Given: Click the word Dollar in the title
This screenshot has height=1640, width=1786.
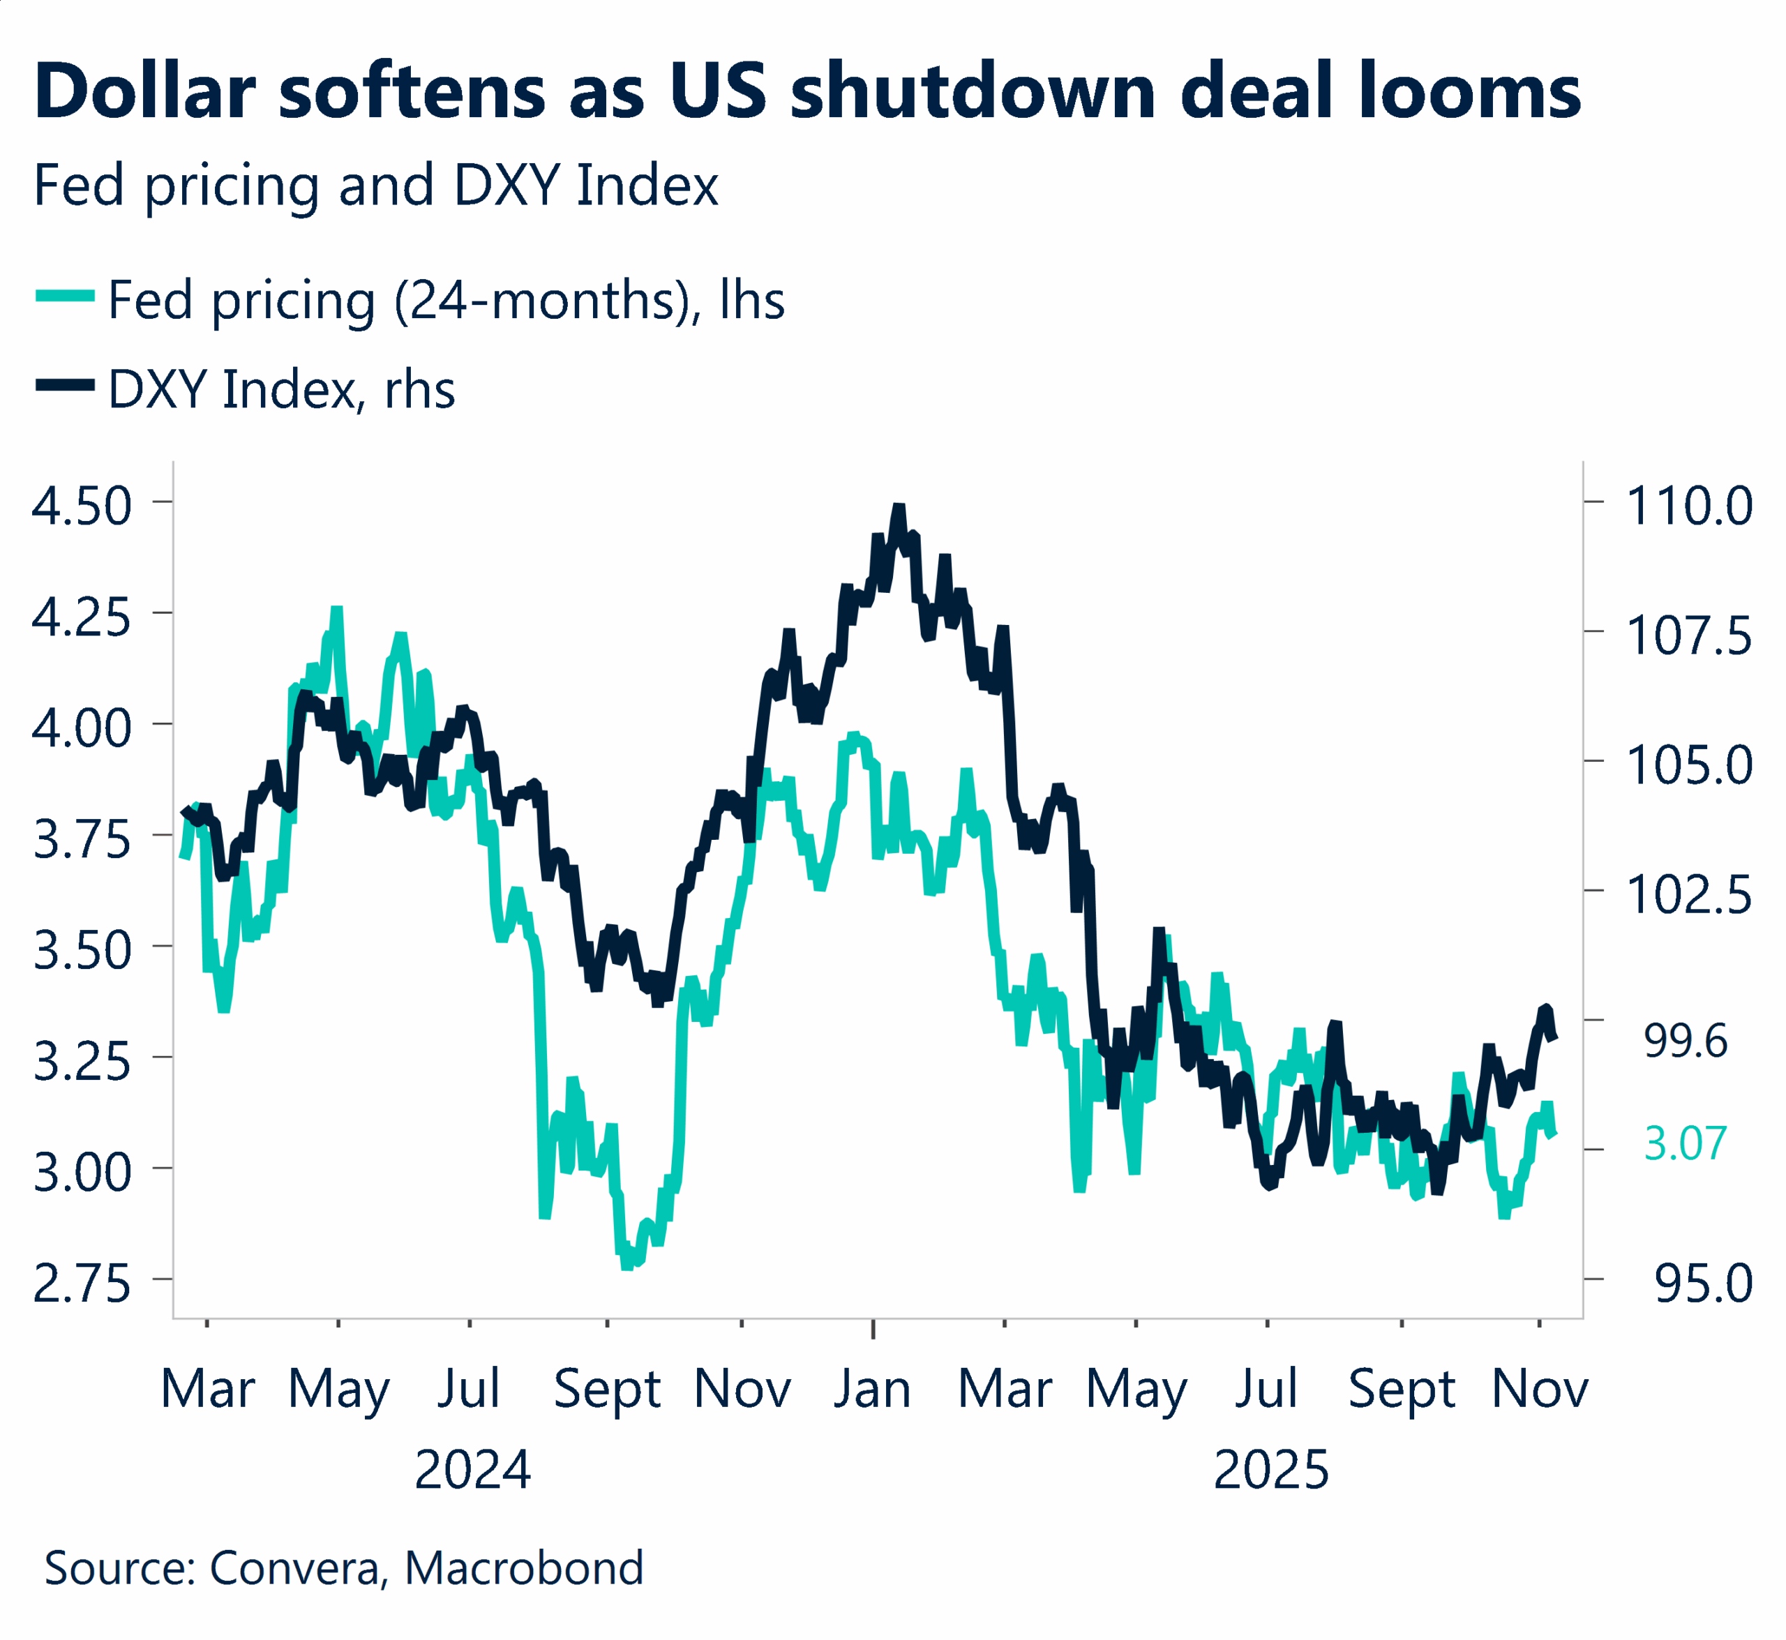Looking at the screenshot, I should (x=144, y=92).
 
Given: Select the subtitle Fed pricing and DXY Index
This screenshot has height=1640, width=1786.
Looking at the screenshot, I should (x=375, y=186).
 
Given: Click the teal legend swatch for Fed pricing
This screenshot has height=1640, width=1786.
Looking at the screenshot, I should (x=65, y=296).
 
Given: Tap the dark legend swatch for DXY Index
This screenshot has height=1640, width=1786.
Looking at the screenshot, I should (x=65, y=385).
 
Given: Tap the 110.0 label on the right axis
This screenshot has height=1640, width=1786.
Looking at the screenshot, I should (x=1688, y=506).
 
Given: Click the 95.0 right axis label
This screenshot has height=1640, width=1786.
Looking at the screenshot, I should (x=1702, y=1284).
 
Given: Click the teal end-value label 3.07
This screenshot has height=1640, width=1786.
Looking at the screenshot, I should (x=1685, y=1143).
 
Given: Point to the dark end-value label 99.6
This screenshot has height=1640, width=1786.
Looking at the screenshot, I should (x=1685, y=1040).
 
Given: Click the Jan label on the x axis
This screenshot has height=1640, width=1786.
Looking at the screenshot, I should (x=873, y=1390).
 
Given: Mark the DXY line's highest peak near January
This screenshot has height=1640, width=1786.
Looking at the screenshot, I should (x=899, y=508).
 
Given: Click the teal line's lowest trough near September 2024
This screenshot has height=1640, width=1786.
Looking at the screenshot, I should (x=626, y=1264).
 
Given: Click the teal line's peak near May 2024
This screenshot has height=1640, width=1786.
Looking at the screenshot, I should (x=336, y=610).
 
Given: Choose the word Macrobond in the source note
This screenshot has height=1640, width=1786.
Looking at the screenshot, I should (x=524, y=1568).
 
